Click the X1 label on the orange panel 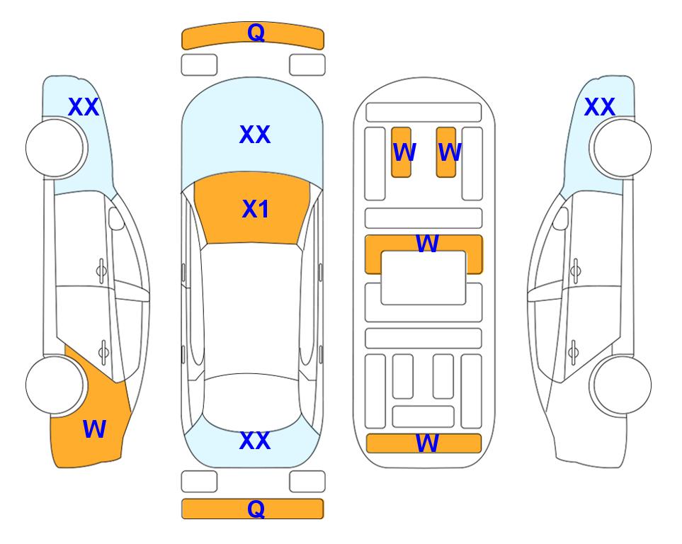pos(256,209)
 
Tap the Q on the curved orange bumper pos(256,33)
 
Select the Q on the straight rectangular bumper pos(256,509)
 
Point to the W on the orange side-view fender pos(94,429)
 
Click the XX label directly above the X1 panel pos(255,135)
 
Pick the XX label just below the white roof pos(255,441)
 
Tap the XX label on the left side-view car pos(84,107)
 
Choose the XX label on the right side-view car pos(600,107)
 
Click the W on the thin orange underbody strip pos(427,443)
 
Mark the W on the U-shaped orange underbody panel pos(427,243)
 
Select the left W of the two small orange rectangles pos(404,152)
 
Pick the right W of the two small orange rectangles pos(450,152)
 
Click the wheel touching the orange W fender pos(55,385)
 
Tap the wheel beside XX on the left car pos(55,148)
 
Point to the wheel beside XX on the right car pos(622,148)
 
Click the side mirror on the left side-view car pos(116,218)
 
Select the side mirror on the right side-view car pos(561,218)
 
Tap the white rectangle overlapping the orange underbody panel pos(424,278)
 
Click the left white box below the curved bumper pos(199,65)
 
